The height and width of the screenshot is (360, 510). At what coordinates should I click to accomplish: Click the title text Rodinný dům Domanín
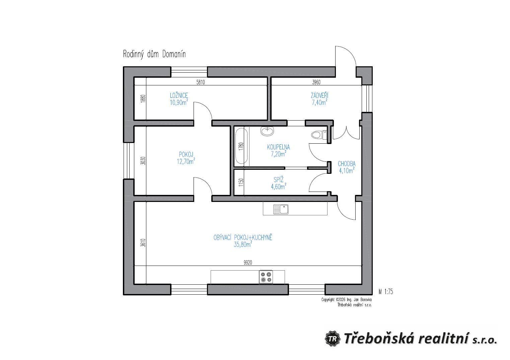[154, 55]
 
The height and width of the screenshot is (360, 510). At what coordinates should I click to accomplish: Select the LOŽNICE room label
[179, 95]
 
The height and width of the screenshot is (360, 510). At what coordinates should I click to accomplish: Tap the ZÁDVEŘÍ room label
[320, 95]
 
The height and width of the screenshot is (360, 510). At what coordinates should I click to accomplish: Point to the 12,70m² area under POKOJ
[186, 161]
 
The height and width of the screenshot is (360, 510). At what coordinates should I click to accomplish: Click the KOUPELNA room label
[278, 147]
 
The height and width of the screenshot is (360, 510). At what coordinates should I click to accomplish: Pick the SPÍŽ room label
[278, 179]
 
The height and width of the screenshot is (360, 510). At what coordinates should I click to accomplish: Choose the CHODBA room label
[347, 164]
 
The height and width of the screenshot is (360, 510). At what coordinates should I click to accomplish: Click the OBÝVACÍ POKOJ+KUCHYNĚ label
[243, 237]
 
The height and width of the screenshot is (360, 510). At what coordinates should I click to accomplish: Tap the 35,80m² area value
[243, 244]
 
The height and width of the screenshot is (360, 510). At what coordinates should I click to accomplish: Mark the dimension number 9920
[248, 263]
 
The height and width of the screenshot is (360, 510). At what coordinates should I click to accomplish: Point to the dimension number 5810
[201, 82]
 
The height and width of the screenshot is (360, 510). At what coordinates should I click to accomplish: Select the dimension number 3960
[316, 82]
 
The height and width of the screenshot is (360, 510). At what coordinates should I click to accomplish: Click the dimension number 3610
[143, 243]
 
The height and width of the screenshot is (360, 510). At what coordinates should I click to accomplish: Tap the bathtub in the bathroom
[241, 146]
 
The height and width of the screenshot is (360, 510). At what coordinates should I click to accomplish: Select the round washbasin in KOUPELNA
[267, 131]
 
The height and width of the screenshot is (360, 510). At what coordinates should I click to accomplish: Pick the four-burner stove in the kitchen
[266, 277]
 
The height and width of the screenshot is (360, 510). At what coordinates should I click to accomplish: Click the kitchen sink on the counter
[281, 209]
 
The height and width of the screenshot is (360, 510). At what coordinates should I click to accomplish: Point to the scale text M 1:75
[386, 292]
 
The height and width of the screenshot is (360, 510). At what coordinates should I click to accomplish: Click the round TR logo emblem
[333, 339]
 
